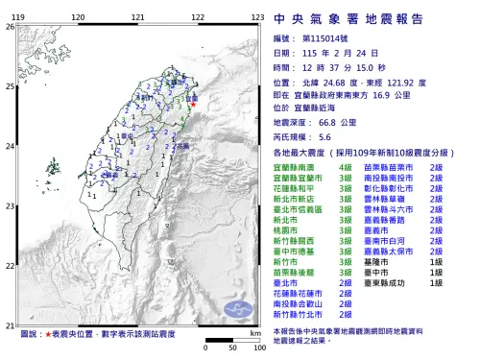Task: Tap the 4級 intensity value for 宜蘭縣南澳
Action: tap(346, 167)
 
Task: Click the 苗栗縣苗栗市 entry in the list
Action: tap(395, 167)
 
